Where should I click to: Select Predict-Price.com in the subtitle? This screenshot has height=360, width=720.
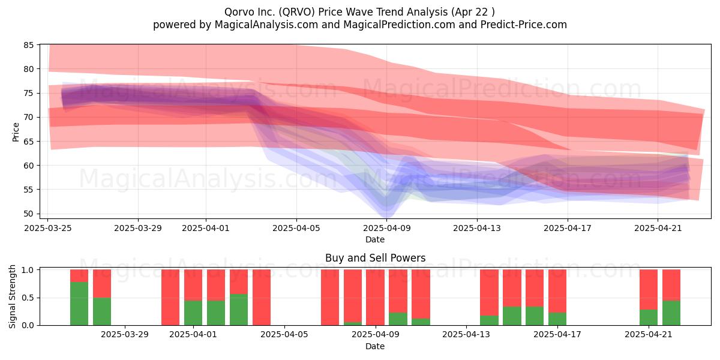(524, 25)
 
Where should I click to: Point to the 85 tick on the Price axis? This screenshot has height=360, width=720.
(29, 45)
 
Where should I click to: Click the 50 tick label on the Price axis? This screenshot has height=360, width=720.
(29, 214)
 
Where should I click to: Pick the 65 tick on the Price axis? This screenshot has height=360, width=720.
(29, 142)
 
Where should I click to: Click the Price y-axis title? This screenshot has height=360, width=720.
(16, 132)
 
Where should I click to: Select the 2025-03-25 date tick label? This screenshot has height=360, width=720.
(48, 228)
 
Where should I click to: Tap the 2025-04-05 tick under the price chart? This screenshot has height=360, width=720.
(296, 228)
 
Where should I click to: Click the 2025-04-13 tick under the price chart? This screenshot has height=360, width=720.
(477, 228)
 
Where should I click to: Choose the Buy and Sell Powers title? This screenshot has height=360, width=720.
(375, 258)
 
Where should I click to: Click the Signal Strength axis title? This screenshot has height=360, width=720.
(12, 296)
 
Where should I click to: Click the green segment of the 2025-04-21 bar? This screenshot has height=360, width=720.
(649, 317)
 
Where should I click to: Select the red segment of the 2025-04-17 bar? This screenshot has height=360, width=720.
(557, 291)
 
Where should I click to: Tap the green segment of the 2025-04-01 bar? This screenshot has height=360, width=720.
(193, 313)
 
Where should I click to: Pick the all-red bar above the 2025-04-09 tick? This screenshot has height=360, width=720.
(375, 298)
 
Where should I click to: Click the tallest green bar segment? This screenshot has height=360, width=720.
(79, 304)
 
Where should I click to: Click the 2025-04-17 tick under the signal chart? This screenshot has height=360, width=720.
(557, 335)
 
